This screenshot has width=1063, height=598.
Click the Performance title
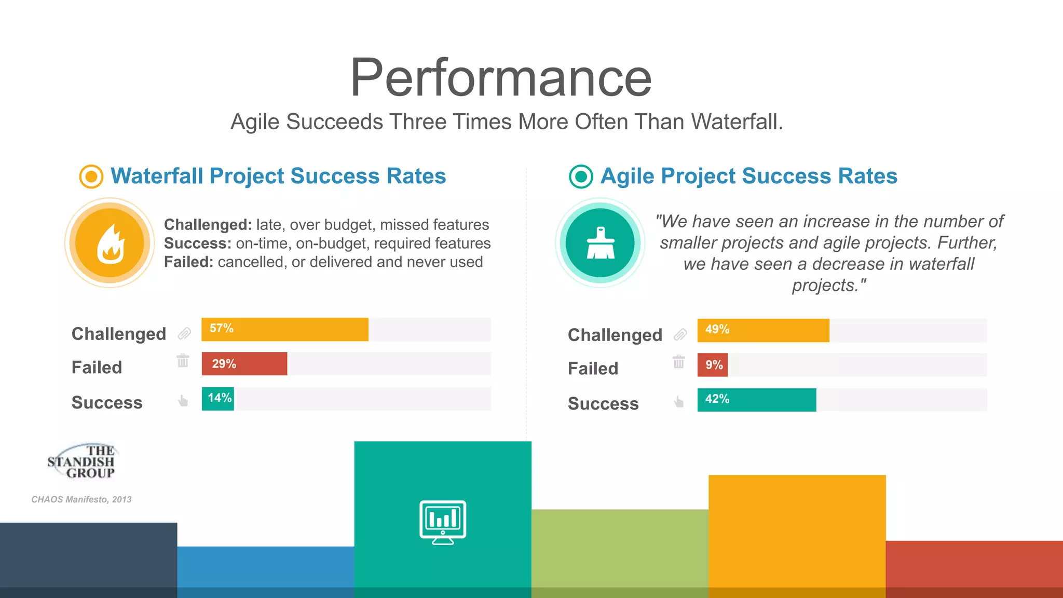point(501,78)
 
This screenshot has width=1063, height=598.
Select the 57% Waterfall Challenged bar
point(284,330)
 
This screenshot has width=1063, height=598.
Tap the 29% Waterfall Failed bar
point(244,363)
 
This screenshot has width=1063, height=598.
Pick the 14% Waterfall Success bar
point(218,399)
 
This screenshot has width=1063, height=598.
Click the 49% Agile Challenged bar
point(763,331)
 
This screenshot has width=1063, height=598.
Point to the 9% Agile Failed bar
point(713,365)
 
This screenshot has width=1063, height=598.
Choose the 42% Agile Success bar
point(756,400)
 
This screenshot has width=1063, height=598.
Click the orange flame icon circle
point(110,243)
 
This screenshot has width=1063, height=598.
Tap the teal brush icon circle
point(600,243)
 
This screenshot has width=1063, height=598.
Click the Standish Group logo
point(81,461)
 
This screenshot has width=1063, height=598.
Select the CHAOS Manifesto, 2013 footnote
point(81,499)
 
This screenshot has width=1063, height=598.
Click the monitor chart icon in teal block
point(443,522)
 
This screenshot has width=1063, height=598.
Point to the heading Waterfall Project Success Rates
point(278,176)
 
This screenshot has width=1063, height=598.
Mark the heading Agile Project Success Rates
point(748,176)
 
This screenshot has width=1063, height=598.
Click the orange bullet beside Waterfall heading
point(91,176)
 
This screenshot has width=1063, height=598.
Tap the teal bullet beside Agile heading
point(581,176)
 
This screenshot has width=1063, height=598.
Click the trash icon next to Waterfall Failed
point(183,360)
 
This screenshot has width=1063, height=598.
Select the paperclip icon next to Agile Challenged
point(680,335)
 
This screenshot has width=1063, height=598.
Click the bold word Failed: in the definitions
point(188,262)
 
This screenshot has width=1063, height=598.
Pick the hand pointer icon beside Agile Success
point(679,401)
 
